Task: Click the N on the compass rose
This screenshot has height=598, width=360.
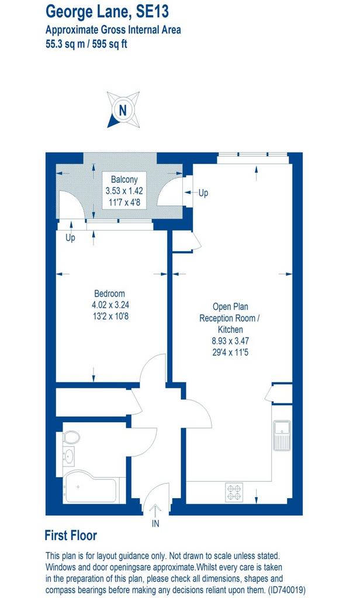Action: tap(123, 110)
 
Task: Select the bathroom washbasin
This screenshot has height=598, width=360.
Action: tap(68, 456)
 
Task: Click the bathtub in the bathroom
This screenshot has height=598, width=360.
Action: tap(91, 487)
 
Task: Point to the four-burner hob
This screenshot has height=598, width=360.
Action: tap(234, 492)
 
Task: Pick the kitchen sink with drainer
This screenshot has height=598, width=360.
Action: tap(282, 435)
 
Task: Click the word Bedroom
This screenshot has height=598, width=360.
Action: tap(109, 294)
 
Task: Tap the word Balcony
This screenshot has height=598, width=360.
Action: tap(124, 179)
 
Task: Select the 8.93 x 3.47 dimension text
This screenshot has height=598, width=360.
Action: tap(230, 340)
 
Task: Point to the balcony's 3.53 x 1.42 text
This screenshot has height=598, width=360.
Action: tap(124, 191)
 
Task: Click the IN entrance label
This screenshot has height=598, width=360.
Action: tap(155, 524)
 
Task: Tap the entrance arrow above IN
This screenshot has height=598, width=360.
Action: tap(155, 510)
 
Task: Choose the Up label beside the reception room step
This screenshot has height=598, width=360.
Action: tap(203, 193)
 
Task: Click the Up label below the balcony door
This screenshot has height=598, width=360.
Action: tap(70, 238)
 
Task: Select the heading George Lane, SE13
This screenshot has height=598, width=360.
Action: tap(107, 12)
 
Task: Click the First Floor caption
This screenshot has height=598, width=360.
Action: tap(71, 535)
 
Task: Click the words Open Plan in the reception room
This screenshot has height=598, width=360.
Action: tap(230, 307)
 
